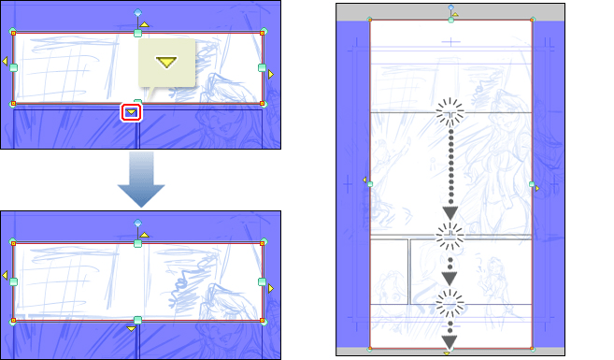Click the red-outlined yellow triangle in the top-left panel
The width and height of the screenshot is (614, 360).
[x=132, y=112]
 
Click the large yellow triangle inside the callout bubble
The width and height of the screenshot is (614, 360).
[x=166, y=63]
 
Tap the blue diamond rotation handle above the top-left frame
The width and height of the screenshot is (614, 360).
[x=137, y=13]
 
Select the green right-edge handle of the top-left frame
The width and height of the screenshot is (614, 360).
[x=263, y=67]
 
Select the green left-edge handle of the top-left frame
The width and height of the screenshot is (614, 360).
[x=13, y=67]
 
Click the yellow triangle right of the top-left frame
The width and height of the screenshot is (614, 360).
[x=272, y=73]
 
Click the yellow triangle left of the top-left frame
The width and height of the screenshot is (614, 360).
[x=4, y=64]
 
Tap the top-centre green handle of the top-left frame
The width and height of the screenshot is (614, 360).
[x=137, y=33]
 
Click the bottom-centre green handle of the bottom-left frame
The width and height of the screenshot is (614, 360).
[x=137, y=321]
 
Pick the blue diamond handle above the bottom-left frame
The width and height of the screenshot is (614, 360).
[x=137, y=223]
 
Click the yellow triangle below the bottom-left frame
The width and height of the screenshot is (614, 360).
[x=132, y=329]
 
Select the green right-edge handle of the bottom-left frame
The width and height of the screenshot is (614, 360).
[x=263, y=281]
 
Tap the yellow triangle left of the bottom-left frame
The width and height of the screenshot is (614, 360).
[x=4, y=276]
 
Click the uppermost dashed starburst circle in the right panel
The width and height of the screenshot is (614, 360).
[x=450, y=112]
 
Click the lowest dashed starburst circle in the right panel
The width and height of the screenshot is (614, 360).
[x=450, y=301]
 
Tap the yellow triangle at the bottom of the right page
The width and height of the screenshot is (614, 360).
[x=448, y=353]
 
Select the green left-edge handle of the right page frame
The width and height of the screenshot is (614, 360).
[x=370, y=184]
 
